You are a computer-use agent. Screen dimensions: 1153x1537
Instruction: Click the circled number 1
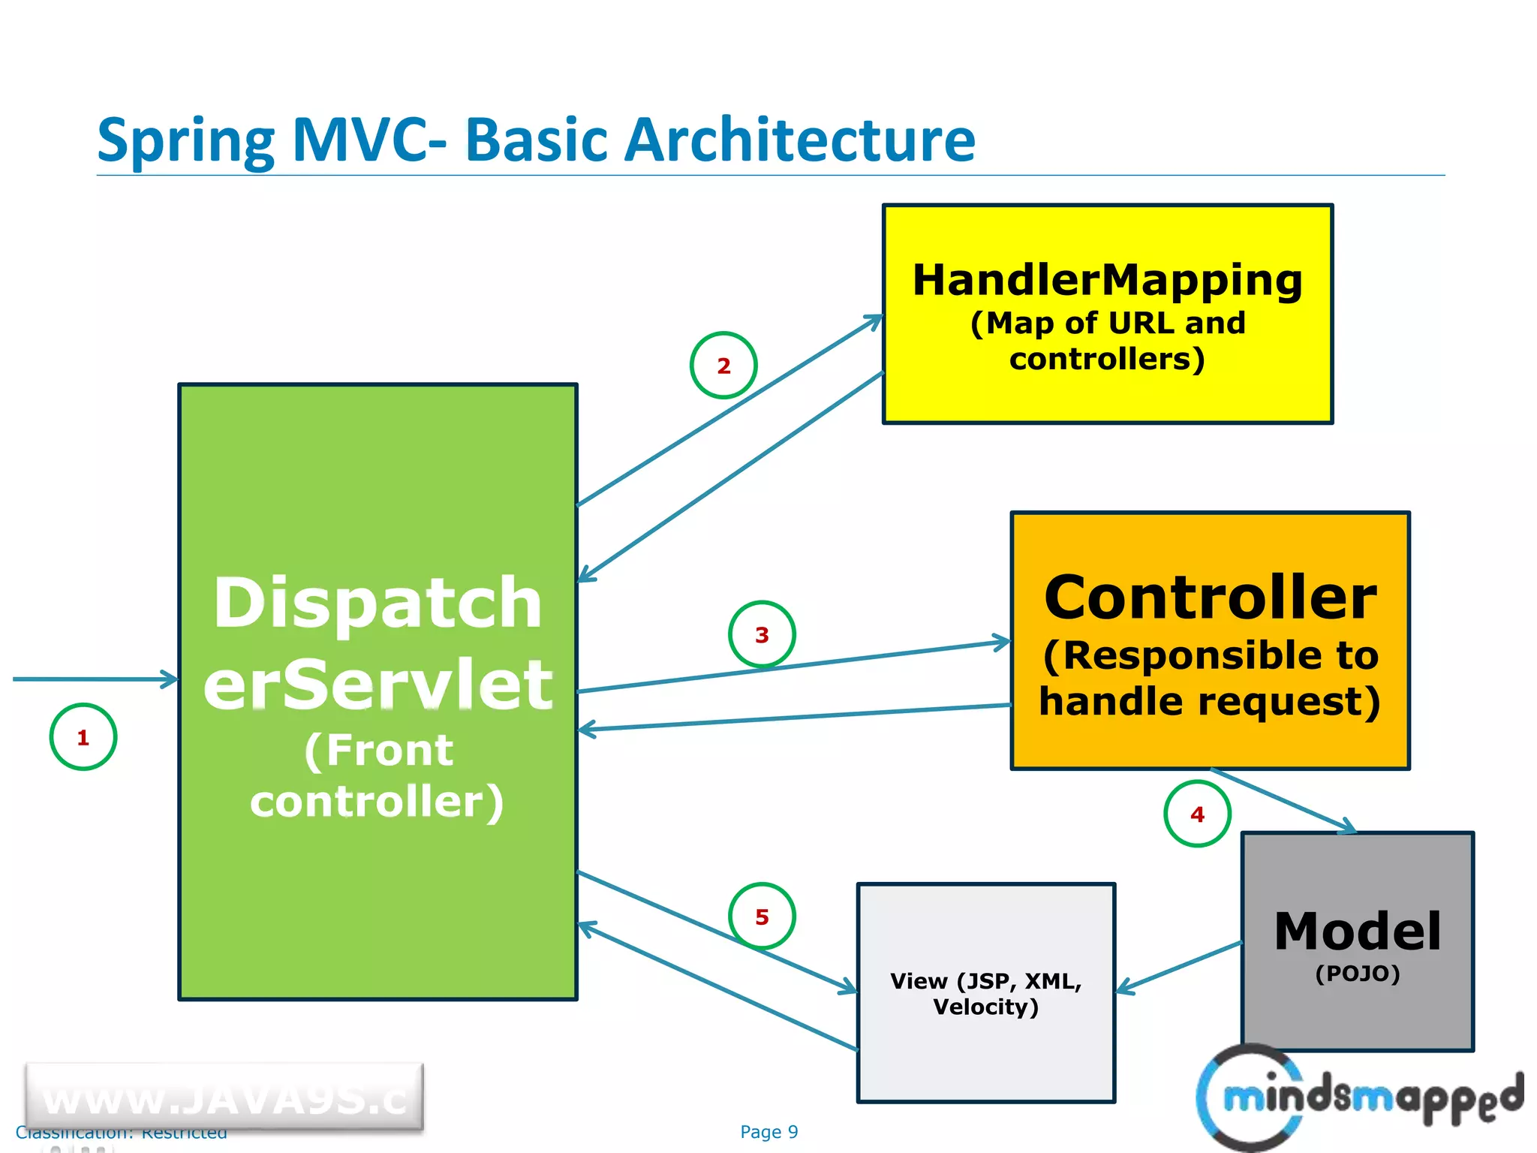(x=83, y=737)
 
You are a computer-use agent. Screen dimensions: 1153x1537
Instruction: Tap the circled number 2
(x=723, y=366)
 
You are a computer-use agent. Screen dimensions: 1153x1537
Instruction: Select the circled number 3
(x=762, y=635)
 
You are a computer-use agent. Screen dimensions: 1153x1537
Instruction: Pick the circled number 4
(x=1197, y=814)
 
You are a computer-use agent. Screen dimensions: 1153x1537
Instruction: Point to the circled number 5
(x=762, y=917)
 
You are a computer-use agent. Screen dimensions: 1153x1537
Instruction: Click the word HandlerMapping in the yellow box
(x=1107, y=281)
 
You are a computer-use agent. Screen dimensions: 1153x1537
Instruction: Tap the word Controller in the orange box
(x=1210, y=598)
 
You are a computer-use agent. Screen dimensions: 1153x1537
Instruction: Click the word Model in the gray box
(x=1358, y=932)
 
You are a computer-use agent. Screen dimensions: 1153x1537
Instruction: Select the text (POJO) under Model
(x=1358, y=974)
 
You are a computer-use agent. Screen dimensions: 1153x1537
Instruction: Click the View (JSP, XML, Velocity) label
(x=985, y=993)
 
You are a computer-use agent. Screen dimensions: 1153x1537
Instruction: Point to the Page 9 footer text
(x=768, y=1132)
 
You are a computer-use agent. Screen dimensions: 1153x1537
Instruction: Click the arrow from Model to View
(x=1178, y=968)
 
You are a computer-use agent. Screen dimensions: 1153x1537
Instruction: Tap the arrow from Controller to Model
(x=1283, y=800)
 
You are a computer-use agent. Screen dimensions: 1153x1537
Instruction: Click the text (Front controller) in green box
(x=377, y=775)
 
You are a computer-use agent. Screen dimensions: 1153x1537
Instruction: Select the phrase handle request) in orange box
(x=1210, y=702)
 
